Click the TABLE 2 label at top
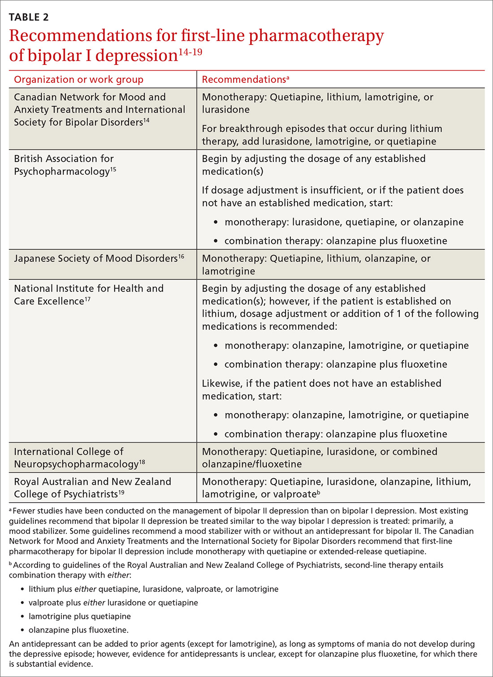29,17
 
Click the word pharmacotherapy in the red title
316,36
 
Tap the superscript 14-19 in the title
190,52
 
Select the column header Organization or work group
78,80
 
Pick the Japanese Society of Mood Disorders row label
99,259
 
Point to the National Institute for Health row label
88,295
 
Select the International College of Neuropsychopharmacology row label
79,458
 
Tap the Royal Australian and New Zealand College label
92,488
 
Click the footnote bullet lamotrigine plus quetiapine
80,617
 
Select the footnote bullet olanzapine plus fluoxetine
78,630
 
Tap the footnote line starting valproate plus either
113,603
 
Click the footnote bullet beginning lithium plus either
153,589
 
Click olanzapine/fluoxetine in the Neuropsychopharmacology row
251,464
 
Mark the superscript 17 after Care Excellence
88,299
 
